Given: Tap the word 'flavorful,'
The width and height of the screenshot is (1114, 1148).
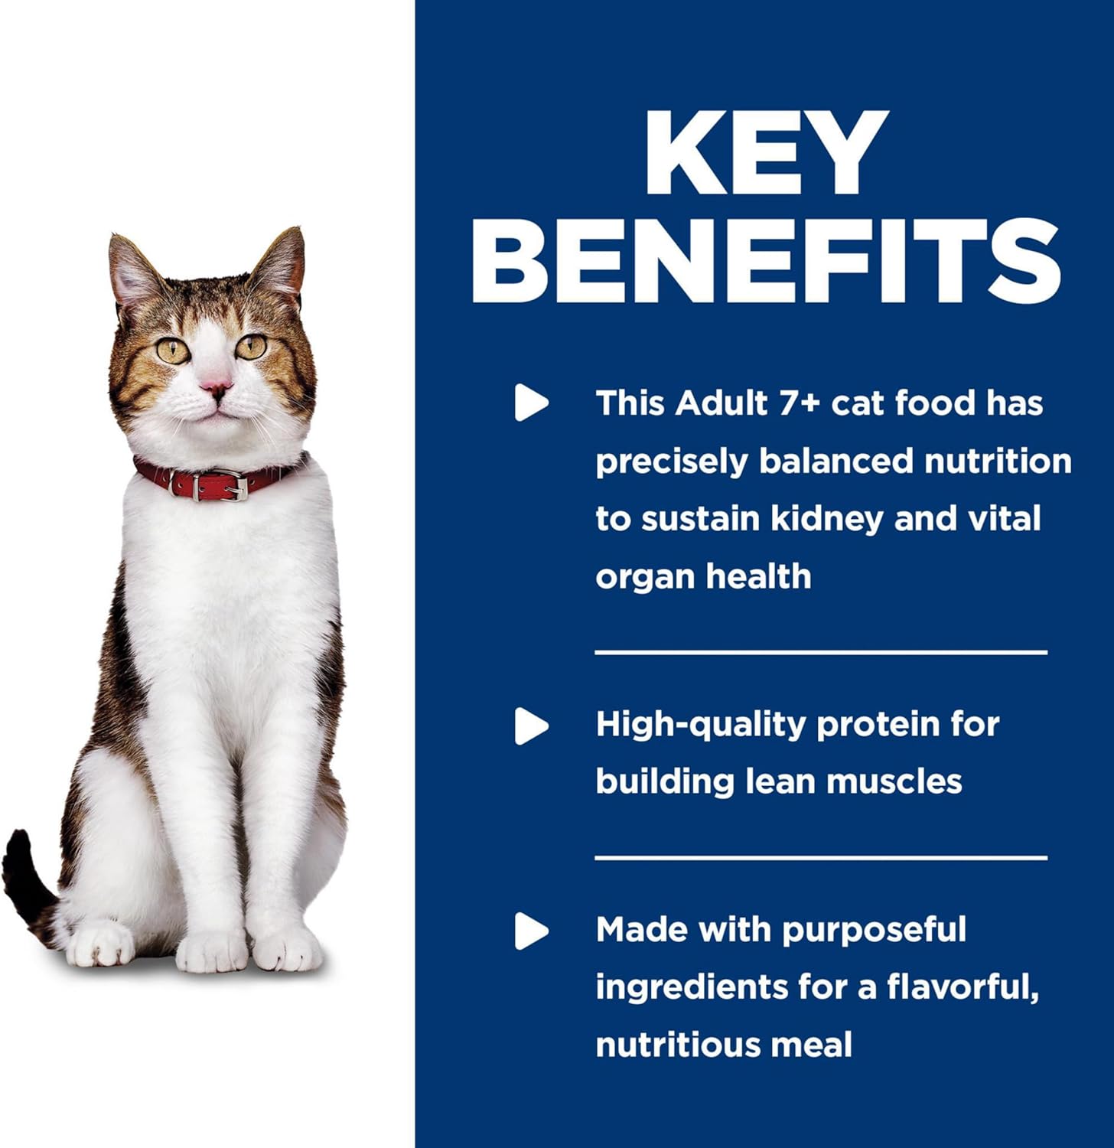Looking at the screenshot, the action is pos(963,987).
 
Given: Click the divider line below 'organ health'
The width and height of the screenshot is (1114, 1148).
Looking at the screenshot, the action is pos(821,653).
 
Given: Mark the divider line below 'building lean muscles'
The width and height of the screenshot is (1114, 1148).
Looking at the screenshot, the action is pos(821,858).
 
